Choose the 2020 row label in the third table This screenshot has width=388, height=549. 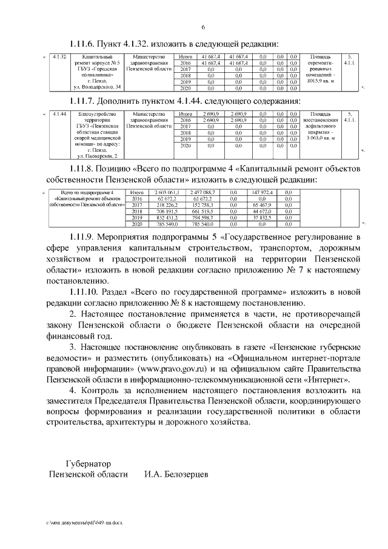click(136, 224)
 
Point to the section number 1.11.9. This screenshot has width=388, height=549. click(87, 237)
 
